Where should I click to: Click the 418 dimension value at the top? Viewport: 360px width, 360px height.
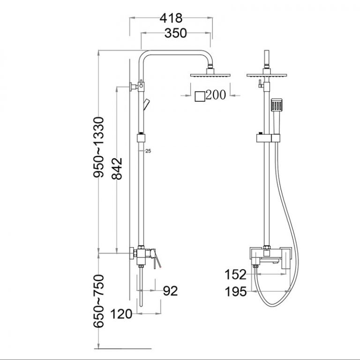point(171,18)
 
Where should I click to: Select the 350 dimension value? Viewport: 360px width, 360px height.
point(175,33)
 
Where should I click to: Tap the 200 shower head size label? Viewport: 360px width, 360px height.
point(216,95)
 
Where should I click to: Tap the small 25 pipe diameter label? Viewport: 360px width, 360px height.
point(148,151)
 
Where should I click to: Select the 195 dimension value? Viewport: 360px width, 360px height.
point(235,292)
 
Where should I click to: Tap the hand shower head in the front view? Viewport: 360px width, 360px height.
point(277,105)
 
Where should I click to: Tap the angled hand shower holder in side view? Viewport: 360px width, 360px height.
point(147,103)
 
